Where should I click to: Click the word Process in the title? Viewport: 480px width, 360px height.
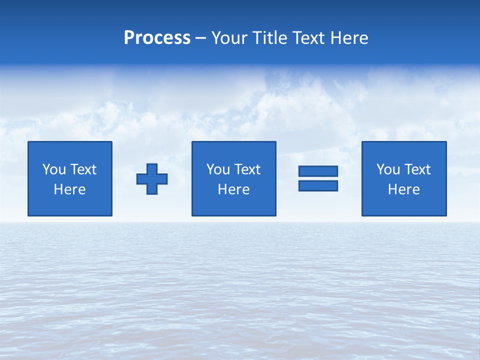click(x=157, y=38)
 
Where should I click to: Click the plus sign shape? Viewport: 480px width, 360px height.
click(x=152, y=178)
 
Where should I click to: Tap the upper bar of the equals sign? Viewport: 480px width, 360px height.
click(x=318, y=171)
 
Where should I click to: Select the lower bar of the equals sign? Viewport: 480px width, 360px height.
click(x=318, y=186)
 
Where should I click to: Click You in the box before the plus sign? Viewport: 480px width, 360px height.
click(x=54, y=169)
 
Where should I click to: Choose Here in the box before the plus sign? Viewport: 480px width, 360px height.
click(x=70, y=189)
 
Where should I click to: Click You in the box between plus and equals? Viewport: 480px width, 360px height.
click(x=218, y=169)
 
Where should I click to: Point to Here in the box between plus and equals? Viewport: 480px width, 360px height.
click(x=234, y=189)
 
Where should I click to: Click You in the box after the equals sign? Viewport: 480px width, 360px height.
click(x=388, y=169)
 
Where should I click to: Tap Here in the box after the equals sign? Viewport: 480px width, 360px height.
click(x=404, y=189)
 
